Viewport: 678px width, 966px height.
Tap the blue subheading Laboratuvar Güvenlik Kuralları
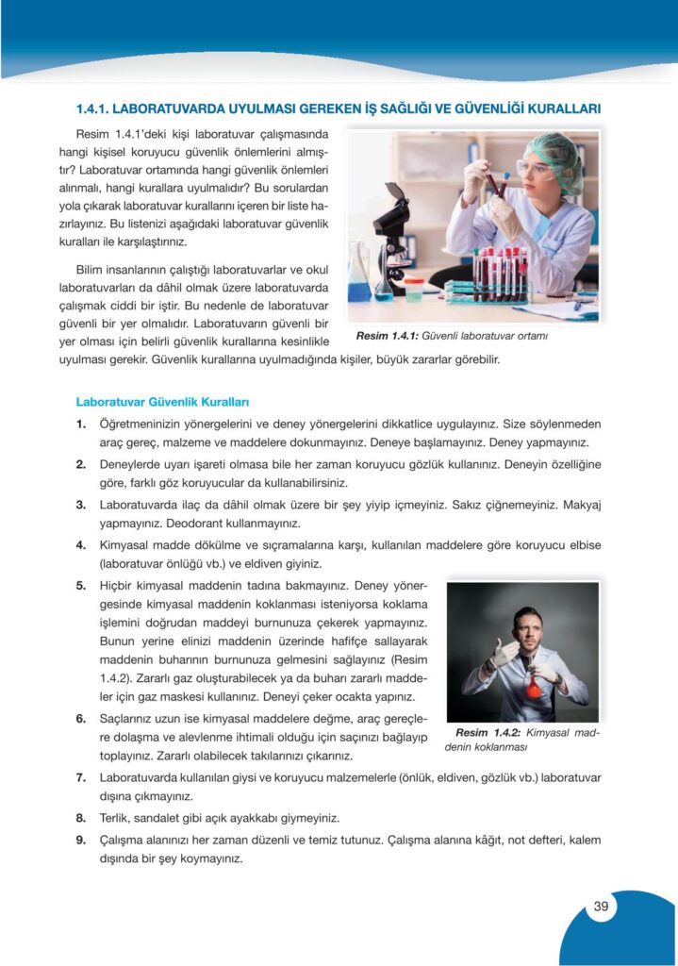pos(162,403)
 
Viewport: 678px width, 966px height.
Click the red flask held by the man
pos(534,686)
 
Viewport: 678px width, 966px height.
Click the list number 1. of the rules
pos(82,425)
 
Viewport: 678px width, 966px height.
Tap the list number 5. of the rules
pos(82,586)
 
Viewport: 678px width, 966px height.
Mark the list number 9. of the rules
pos(82,839)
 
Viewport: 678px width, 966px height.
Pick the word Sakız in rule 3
pos(455,505)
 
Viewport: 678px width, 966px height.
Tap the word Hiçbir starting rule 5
pos(121,586)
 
